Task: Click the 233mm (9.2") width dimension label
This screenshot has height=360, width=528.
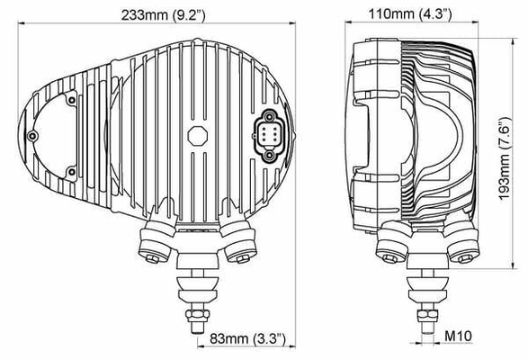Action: (x=164, y=14)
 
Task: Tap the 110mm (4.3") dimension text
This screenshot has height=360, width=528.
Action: (x=410, y=14)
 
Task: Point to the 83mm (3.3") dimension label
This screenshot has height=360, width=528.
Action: (x=247, y=338)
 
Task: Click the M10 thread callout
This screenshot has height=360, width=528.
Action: (x=458, y=336)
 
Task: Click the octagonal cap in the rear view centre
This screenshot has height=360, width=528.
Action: (x=198, y=136)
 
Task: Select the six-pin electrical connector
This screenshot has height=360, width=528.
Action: (x=269, y=136)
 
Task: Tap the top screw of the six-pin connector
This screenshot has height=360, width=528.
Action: (x=269, y=117)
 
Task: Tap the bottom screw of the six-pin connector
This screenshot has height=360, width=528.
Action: (x=269, y=156)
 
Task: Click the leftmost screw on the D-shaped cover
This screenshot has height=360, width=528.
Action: (x=32, y=136)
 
